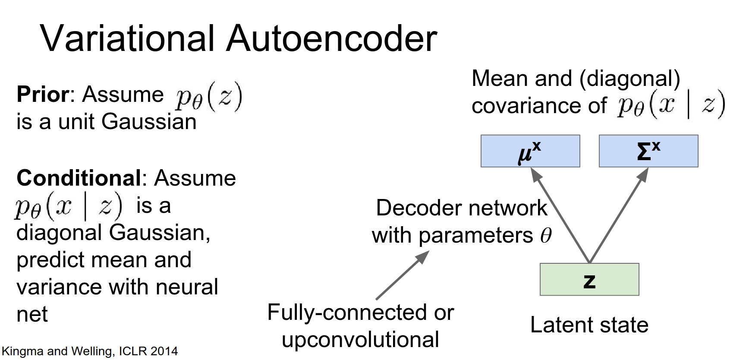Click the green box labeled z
[x=589, y=279]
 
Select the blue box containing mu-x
[x=530, y=151]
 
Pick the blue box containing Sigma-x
[x=648, y=151]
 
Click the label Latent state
[x=589, y=325]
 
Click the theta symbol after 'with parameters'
[x=546, y=236]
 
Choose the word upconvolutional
[x=360, y=339]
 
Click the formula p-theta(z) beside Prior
[x=209, y=96]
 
